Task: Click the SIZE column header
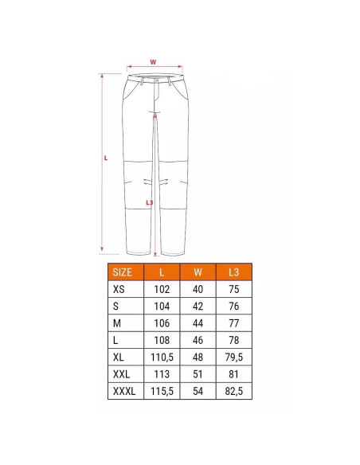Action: [122, 272]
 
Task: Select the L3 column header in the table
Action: [233, 272]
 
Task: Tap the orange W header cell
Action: [198, 272]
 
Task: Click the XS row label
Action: [119, 289]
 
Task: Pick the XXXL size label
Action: [124, 391]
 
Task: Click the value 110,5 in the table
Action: [162, 357]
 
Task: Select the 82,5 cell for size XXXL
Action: [233, 391]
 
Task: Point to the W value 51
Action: [198, 374]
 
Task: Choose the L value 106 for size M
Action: [162, 323]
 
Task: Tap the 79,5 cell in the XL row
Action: [233, 357]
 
